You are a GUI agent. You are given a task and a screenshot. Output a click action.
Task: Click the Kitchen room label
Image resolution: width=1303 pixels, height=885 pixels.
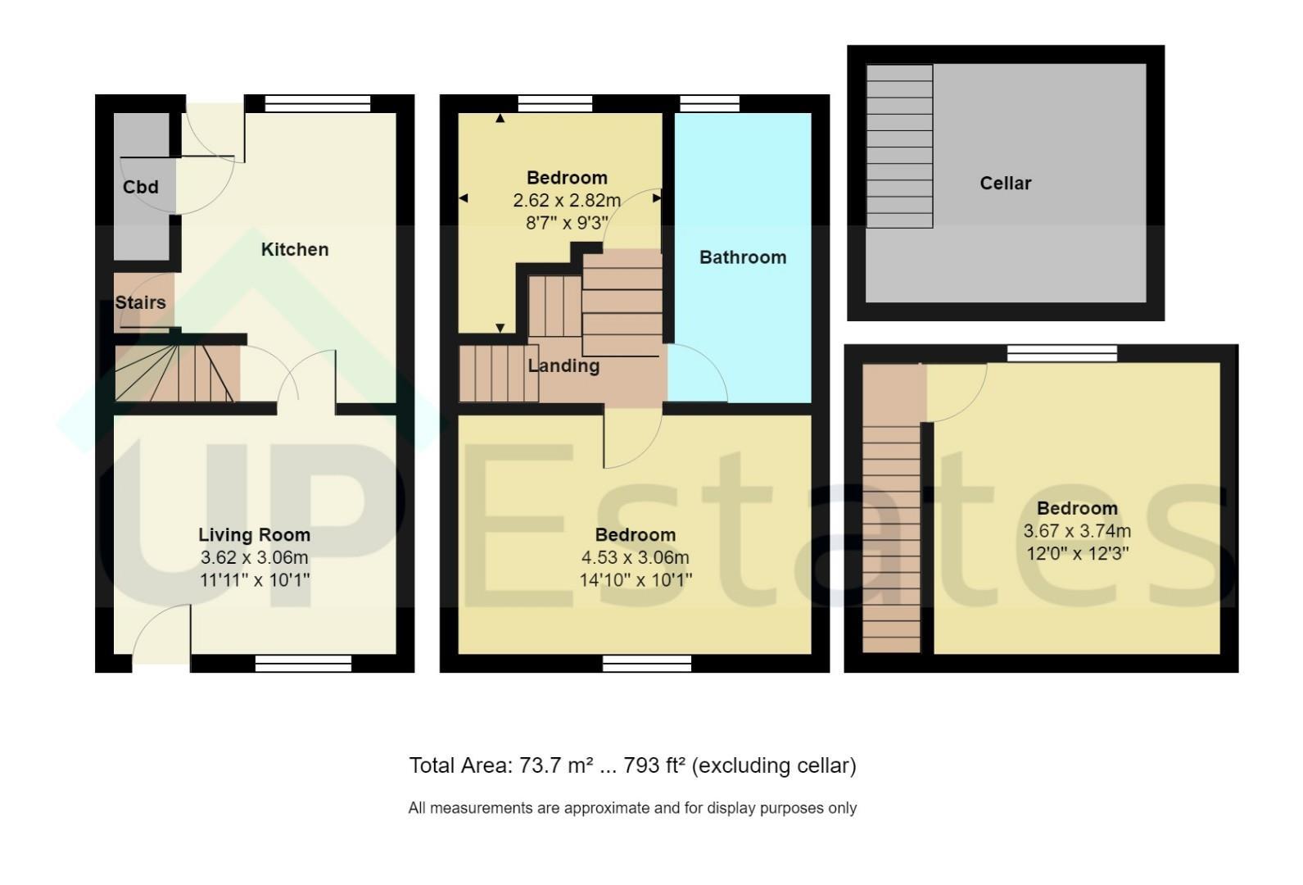[295, 250]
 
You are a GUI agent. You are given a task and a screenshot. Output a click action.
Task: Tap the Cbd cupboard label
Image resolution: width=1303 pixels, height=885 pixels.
[141, 187]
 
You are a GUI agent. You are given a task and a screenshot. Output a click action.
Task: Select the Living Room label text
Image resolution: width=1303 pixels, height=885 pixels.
[254, 535]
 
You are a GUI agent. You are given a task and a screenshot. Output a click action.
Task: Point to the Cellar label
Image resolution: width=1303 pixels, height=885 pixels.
[1005, 184]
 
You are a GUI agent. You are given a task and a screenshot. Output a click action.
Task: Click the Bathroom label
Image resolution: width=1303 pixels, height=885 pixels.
[743, 257]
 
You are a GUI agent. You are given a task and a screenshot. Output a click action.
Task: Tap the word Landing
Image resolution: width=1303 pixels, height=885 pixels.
[563, 366]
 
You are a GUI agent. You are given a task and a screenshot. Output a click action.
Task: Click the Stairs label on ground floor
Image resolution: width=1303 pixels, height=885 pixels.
[141, 302]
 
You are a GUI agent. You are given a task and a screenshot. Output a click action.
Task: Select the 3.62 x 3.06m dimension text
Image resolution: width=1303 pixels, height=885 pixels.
[254, 557]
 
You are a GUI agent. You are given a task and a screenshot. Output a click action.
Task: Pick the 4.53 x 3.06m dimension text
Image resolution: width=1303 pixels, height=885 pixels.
[636, 557]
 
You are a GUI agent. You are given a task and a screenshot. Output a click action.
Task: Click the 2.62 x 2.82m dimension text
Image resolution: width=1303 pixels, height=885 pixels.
[567, 200]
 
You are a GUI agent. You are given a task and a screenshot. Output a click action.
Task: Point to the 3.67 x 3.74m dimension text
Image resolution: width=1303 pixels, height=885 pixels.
[1077, 531]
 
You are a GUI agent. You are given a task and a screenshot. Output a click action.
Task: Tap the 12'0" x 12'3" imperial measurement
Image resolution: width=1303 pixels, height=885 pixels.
[1077, 553]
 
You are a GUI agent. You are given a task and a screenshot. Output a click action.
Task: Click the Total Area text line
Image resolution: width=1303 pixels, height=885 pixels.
[633, 765]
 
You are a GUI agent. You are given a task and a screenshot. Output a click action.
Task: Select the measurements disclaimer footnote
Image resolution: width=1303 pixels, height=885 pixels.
[632, 808]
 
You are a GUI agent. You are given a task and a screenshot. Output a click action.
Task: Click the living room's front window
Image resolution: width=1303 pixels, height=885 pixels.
[303, 663]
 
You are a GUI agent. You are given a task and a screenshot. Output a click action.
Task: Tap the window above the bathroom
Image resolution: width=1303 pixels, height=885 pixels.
[710, 103]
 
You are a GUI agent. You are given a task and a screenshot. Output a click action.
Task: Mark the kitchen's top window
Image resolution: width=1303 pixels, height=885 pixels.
[318, 103]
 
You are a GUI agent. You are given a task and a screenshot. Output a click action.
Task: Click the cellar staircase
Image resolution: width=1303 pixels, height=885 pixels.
[899, 146]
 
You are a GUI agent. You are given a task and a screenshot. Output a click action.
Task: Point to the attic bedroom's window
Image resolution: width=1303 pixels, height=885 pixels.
[1062, 353]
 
